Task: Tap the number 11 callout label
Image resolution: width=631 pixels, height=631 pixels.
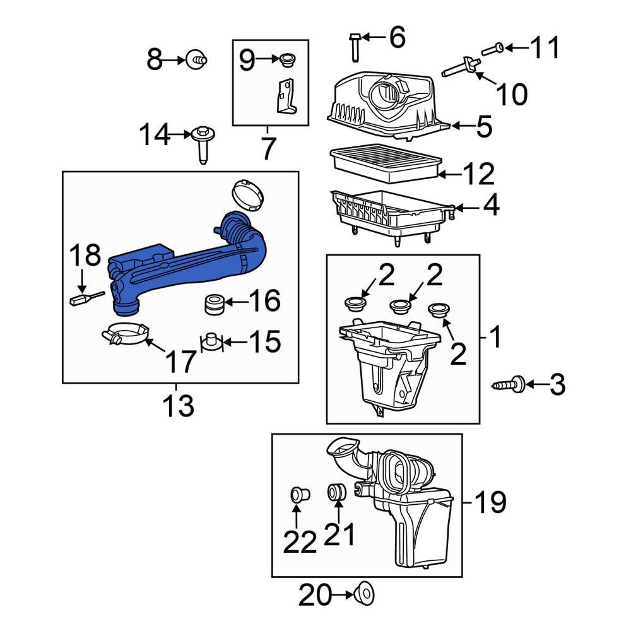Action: click(544, 47)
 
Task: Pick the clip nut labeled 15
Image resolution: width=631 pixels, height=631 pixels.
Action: click(211, 341)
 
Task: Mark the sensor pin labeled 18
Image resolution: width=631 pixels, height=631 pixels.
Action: click(83, 297)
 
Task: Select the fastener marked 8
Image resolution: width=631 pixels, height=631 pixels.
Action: click(196, 61)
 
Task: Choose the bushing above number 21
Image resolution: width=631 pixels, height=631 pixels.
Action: click(336, 493)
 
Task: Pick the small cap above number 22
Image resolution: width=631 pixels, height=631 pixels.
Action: click(297, 494)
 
